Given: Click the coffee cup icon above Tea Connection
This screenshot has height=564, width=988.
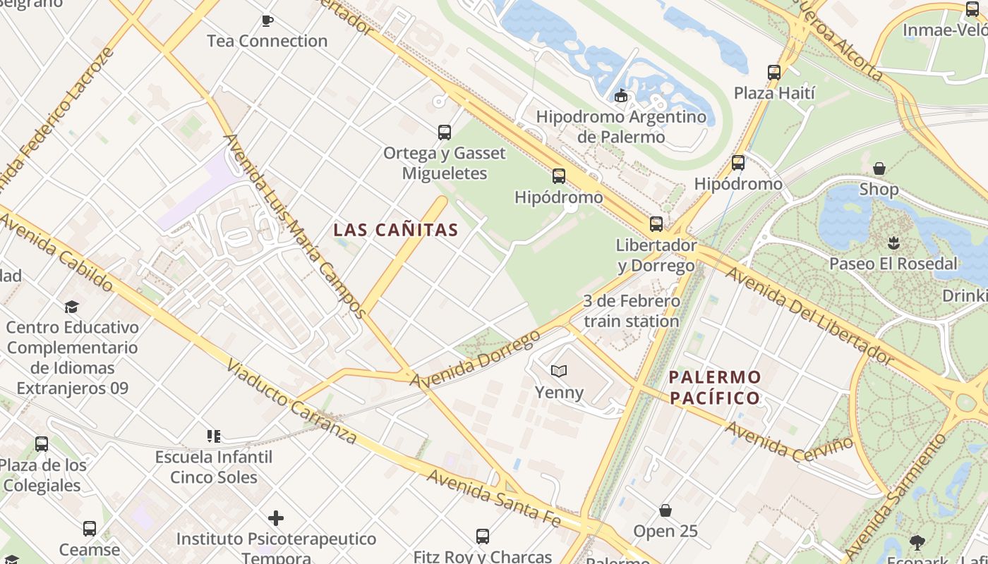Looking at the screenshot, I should point(267,20).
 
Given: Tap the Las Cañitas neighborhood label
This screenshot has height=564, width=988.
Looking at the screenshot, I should point(396,230).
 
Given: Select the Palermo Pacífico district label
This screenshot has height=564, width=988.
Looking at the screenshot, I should point(715,387).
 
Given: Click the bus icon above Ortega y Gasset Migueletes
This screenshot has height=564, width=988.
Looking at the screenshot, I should point(445,133).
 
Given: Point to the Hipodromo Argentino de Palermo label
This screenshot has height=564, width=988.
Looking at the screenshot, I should point(621,126).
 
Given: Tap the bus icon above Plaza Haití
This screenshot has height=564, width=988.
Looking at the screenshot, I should point(774,73).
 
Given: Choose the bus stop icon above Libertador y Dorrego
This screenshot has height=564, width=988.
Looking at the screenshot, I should point(656,224).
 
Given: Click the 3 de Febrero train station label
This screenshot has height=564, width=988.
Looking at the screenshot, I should point(632,311).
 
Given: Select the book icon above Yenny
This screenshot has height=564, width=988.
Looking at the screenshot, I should point(559,371).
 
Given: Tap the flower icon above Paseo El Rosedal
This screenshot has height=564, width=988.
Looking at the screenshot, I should point(893,243).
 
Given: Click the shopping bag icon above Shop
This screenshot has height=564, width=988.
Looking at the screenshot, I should point(879,168).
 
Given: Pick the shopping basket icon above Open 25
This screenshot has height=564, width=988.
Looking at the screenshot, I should point(665,510).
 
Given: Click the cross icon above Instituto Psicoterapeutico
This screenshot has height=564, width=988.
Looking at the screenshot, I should point(276,519).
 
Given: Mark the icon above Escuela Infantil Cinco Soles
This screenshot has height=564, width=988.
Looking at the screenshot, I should point(214,436).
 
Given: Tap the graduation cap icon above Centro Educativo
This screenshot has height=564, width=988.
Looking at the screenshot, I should point(71,307).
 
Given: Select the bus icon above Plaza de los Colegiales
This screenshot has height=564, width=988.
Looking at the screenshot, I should point(42,444).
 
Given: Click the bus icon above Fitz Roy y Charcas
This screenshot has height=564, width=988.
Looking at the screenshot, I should point(483,537).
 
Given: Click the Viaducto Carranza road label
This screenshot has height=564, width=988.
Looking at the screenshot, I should point(291,402).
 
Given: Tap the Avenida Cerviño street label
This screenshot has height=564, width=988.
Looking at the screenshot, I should point(789,438).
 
